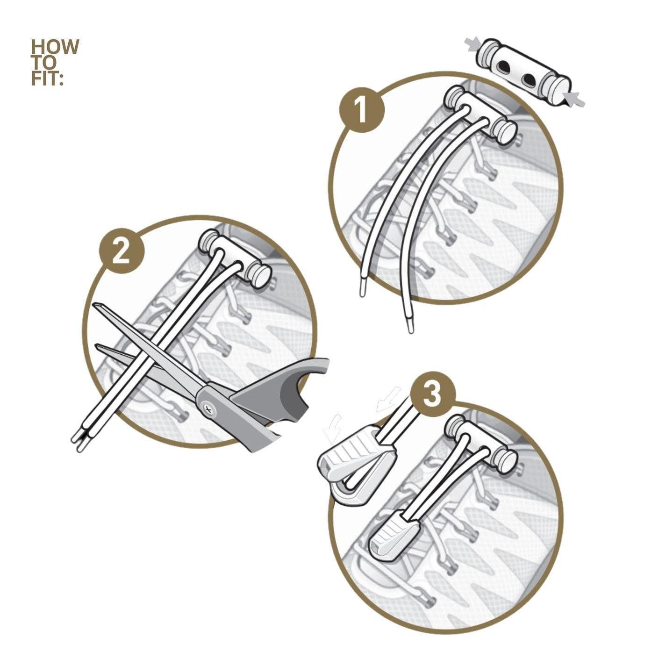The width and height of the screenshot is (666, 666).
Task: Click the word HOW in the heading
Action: click(55, 47)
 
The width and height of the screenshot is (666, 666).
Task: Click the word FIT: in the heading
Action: click(47, 79)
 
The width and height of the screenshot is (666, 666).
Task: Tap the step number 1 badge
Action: click(362, 109)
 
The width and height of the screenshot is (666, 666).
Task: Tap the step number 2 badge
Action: click(122, 251)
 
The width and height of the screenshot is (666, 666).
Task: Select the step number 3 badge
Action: click(433, 395)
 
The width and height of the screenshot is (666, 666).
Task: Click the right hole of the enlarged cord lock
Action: click(528, 80)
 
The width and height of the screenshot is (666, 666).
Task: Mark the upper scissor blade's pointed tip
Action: click(94, 303)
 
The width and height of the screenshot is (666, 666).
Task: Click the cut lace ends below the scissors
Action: click(78, 444)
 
